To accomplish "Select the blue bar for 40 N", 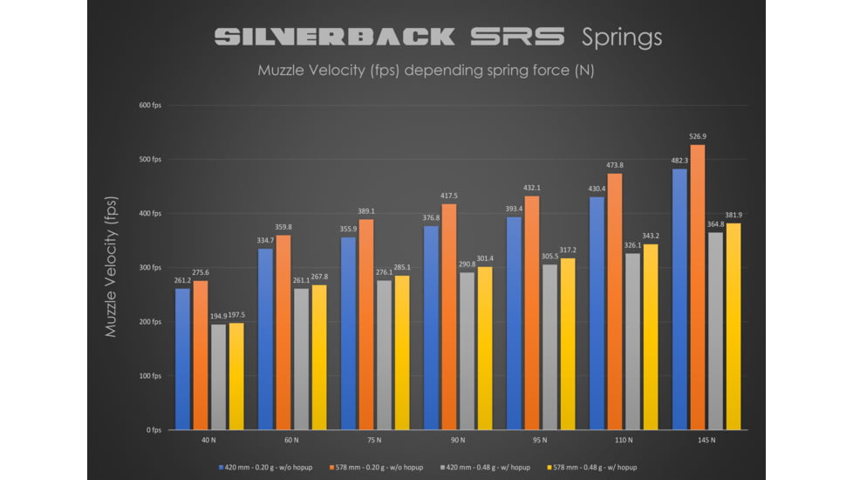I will click(x=182, y=359).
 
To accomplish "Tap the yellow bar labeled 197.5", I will click(x=236, y=376).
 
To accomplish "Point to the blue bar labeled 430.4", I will click(x=597, y=313).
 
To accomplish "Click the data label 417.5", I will click(x=448, y=196).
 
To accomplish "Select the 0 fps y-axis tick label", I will click(x=154, y=430).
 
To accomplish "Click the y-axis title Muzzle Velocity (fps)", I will click(x=111, y=266).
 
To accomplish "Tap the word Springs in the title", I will click(x=622, y=37).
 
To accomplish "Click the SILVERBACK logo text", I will click(x=335, y=37).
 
